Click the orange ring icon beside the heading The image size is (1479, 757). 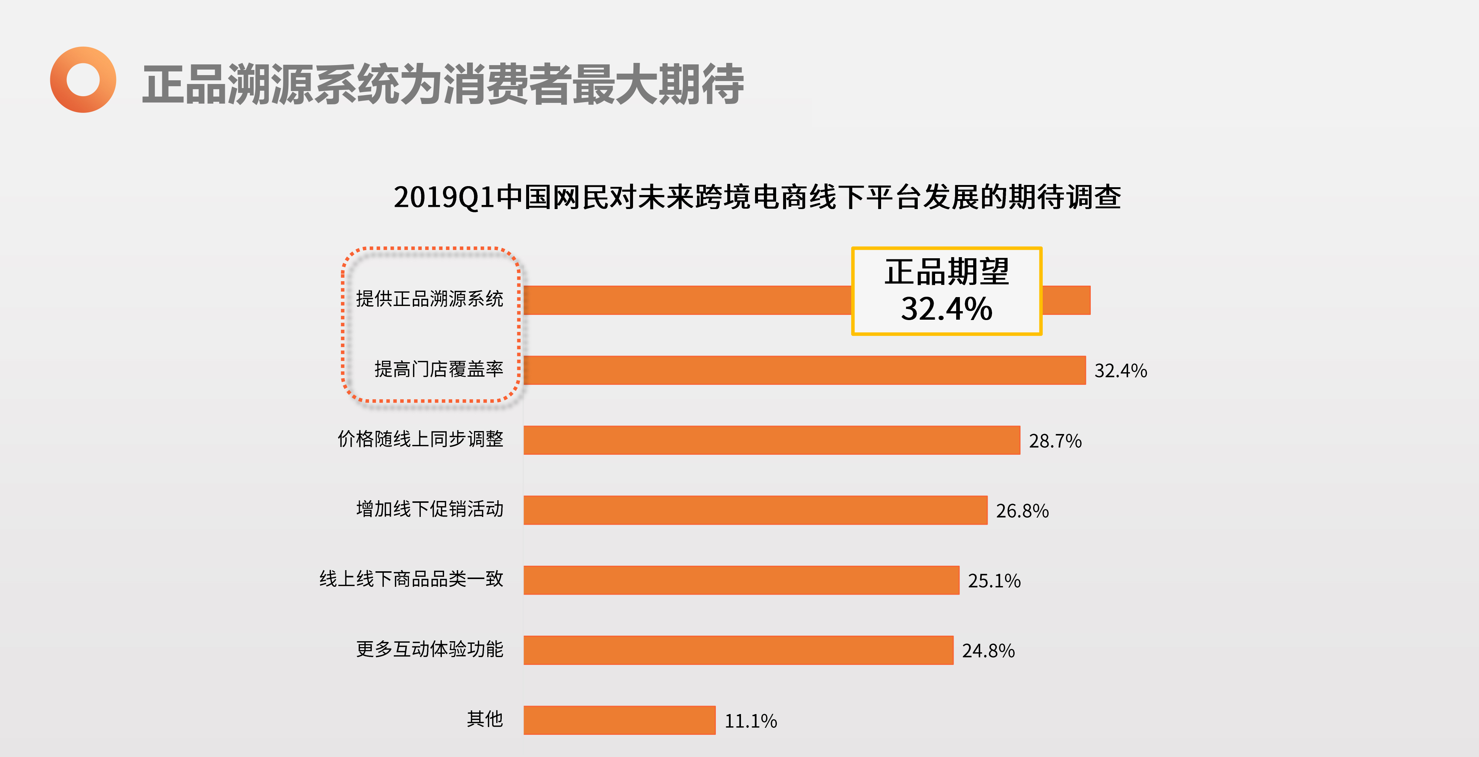click(83, 80)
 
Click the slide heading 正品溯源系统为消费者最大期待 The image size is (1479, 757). click(443, 84)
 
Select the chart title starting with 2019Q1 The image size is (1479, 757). click(757, 197)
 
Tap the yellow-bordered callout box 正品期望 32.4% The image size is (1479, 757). click(946, 290)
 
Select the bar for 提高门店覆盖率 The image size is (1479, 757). click(804, 370)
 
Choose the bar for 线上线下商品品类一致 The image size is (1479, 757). click(741, 580)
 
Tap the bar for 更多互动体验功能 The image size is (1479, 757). click(738, 650)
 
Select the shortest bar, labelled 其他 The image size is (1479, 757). click(619, 720)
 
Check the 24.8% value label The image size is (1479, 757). click(988, 651)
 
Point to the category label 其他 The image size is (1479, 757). click(485, 719)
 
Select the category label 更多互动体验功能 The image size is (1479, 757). click(429, 649)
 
